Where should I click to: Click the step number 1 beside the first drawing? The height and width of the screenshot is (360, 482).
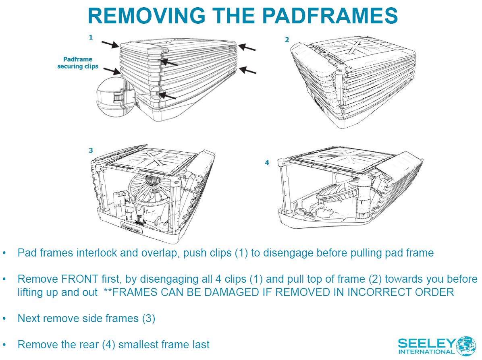coord(91,37)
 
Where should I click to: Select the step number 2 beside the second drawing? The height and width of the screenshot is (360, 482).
coord(287,39)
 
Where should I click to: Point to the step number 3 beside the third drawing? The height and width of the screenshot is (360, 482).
coord(91,151)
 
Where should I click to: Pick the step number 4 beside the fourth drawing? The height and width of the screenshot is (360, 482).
coord(267,163)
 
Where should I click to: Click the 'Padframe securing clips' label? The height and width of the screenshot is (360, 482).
coord(78,63)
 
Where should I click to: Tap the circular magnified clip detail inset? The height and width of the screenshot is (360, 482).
coord(116,97)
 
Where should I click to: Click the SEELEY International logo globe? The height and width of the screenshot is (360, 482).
coord(466,346)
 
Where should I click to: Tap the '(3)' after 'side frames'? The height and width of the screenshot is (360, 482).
coord(148,319)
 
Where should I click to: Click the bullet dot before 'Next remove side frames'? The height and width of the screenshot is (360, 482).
coord(4,319)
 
